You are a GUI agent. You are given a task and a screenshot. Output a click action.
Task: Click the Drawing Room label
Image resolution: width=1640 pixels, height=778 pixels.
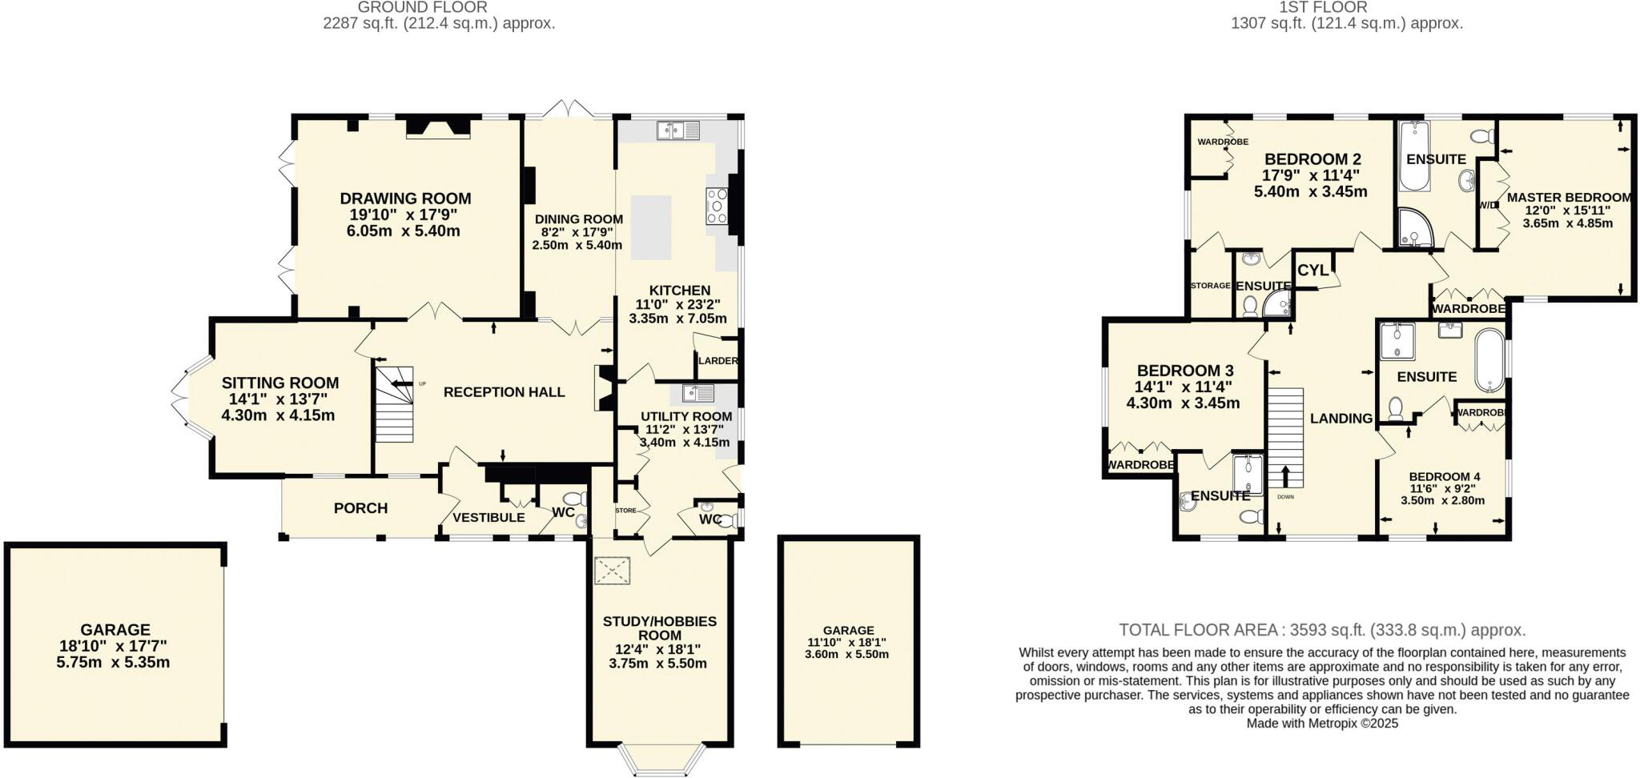[405, 199]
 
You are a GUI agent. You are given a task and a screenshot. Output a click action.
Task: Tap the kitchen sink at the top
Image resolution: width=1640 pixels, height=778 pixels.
[677, 130]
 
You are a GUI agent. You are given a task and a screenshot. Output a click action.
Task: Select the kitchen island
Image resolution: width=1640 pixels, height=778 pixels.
[650, 227]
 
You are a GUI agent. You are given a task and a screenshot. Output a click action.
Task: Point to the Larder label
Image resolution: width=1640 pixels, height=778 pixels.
[717, 361]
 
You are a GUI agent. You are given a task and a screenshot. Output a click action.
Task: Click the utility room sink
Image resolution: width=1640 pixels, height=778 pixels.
[698, 393]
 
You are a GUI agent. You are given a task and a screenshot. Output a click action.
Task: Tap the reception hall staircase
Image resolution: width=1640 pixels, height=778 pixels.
[396, 403]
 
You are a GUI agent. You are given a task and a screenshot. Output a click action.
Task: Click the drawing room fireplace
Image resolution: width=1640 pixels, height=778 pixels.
[436, 128]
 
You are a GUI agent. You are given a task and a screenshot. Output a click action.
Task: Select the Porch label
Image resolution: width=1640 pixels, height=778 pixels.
[360, 508]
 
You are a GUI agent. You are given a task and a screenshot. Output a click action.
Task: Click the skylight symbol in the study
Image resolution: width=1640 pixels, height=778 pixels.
[613, 571]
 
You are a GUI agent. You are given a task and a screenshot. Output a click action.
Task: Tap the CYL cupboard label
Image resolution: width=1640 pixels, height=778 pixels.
[1312, 271]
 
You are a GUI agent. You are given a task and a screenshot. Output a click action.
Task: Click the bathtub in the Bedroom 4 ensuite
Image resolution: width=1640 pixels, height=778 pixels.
[1489, 360]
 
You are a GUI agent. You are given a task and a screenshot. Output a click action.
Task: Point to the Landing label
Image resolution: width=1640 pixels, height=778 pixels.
[1341, 418]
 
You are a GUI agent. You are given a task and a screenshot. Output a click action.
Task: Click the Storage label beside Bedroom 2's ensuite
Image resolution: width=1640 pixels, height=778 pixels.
[1210, 285]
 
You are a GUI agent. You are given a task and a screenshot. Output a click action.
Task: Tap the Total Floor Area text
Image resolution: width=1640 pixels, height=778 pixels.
[1321, 630]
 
